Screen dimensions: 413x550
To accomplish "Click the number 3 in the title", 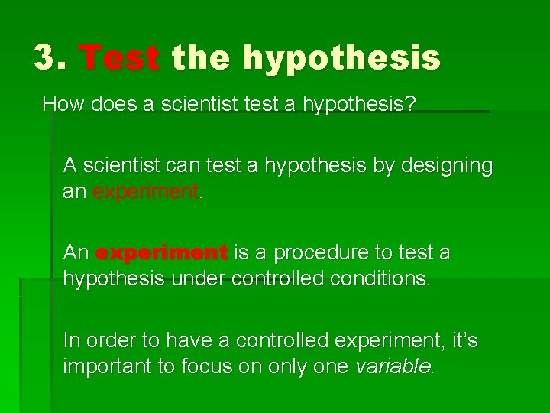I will [46, 58].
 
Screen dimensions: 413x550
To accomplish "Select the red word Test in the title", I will [119, 58].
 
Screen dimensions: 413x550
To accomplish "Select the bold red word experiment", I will [162, 252].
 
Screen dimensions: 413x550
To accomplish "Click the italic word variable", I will [393, 366].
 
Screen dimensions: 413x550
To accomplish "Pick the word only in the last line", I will [295, 366].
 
